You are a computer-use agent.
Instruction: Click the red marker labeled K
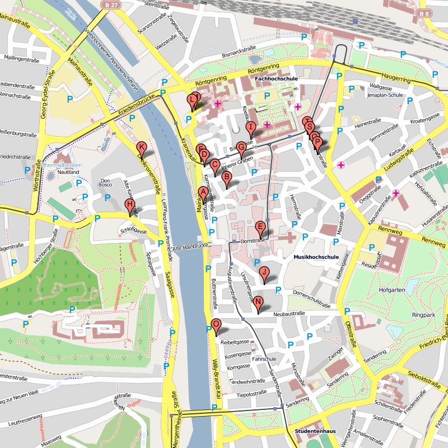pyautogui.click(x=142, y=148)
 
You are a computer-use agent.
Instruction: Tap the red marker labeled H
pyautogui.click(x=130, y=205)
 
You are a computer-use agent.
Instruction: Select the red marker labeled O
pyautogui.click(x=216, y=325)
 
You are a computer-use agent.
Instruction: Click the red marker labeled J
pyautogui.click(x=265, y=273)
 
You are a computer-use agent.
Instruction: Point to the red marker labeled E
pyautogui.click(x=260, y=227)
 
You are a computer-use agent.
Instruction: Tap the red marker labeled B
pyautogui.click(x=227, y=178)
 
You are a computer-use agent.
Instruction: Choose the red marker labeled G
pyautogui.click(x=241, y=148)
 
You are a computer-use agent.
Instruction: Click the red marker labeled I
pyautogui.click(x=251, y=128)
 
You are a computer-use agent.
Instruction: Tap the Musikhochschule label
pyautogui.click(x=316, y=257)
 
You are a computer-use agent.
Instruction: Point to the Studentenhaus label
pyautogui.click(x=315, y=431)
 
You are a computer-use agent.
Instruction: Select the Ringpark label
pyautogui.click(x=423, y=315)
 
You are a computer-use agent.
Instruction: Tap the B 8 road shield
pyautogui.click(x=424, y=13)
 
